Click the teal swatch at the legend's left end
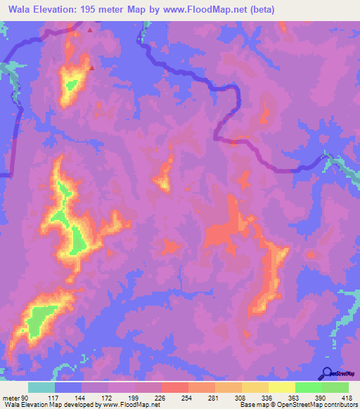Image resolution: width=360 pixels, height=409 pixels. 41,387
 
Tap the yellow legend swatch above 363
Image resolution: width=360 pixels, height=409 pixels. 281,387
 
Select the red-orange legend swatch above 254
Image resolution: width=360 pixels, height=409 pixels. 174,387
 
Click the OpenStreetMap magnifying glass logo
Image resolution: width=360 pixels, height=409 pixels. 326,374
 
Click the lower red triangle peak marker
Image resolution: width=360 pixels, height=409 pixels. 92,68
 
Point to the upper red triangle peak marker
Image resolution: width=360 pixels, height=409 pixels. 90,31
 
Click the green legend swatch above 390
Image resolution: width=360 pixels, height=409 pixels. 308,387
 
